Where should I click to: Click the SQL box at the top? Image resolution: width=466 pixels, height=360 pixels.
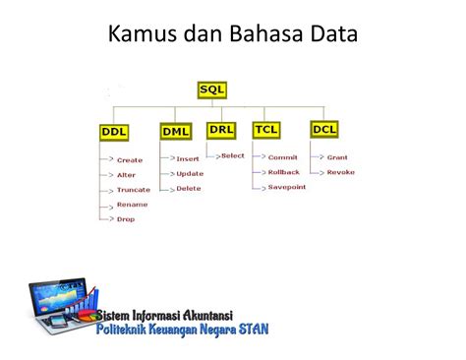coord(211,90)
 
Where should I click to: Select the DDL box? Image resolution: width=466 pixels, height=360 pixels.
coord(115,132)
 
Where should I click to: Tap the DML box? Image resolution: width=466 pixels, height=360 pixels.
coord(176,132)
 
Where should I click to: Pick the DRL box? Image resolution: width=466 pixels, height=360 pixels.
coord(221,130)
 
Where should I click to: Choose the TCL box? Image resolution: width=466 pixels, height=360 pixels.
coord(266,130)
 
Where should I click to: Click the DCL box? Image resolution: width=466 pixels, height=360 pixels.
coord(324,129)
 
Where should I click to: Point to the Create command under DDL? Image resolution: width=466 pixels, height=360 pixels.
coord(129,159)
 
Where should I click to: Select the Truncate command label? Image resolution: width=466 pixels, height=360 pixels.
coord(133,189)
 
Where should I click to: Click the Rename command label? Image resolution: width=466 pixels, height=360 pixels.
coord(132,204)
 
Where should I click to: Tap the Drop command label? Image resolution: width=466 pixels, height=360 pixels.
coord(126,218)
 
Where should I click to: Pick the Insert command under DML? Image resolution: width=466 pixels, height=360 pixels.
coord(188,158)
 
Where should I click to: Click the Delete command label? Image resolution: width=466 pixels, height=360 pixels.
coord(188,188)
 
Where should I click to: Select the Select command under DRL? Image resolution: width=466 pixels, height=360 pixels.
coord(232,155)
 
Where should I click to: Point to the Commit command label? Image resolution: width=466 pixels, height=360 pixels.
coord(282,157)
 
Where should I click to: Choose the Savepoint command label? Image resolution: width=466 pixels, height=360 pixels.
coord(286,187)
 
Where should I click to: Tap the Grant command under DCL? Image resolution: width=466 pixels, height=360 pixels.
coord(337,157)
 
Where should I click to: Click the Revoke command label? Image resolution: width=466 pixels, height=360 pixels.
coord(340,172)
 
